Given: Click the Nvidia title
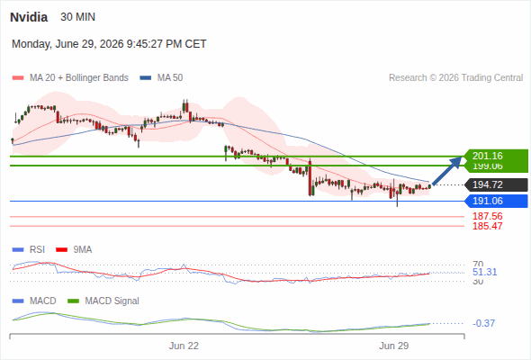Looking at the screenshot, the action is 29,17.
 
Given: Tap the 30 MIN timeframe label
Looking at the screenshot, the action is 78,17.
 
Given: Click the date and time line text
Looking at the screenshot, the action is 109,44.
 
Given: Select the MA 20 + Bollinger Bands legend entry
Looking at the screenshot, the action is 70,78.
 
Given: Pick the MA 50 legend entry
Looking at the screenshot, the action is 161,78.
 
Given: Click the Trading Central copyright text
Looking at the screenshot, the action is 455,78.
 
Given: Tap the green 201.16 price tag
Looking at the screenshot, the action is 496,156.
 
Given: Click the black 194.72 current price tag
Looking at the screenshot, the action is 496,184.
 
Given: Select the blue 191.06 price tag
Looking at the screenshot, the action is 496,202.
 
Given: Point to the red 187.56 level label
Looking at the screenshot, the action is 488,216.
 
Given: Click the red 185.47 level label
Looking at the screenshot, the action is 488,226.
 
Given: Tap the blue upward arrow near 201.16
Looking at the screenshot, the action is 447,171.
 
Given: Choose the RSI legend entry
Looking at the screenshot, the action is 29,249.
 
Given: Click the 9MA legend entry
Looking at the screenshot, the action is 74,249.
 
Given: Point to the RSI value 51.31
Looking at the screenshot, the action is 484,272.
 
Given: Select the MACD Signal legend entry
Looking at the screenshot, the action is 103,301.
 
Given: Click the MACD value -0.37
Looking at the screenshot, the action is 483,323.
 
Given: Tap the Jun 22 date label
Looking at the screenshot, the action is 184,346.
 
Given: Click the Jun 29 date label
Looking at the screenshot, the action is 394,346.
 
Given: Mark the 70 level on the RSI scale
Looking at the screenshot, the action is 478,264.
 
